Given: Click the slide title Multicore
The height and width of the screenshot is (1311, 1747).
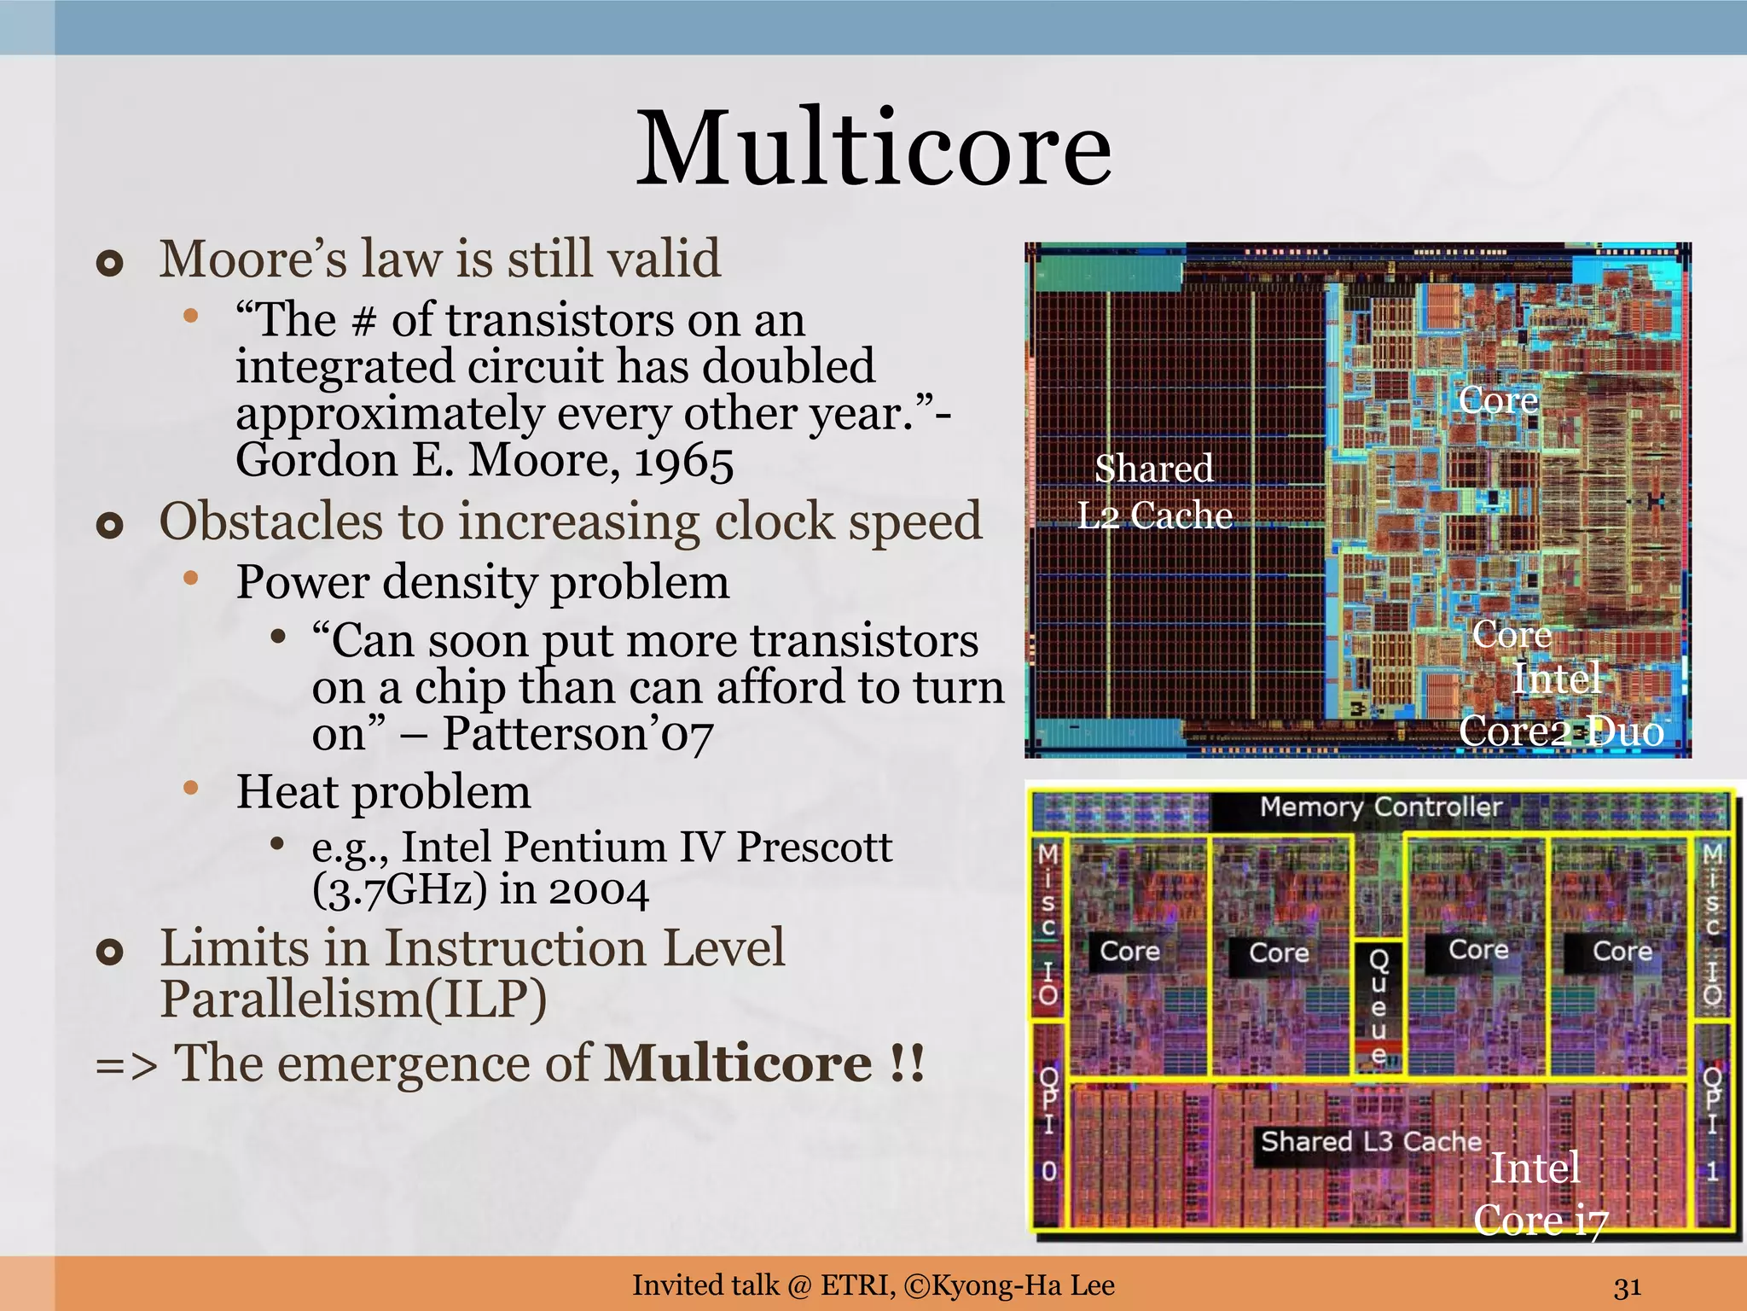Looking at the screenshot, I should tap(873, 149).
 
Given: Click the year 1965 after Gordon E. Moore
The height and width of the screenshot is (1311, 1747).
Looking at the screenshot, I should tap(683, 463).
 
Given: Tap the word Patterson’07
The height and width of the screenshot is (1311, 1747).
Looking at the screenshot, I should tap(577, 734).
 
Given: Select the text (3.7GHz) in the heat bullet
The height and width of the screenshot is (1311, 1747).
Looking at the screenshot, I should tap(399, 890).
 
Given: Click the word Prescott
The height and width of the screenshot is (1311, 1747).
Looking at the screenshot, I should tap(814, 848).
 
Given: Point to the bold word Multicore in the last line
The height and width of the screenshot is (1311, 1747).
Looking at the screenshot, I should tap(738, 1063).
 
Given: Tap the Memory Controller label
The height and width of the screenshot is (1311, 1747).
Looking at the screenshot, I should tap(1380, 807).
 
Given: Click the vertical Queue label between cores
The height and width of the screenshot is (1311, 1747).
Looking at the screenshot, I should tap(1378, 1007).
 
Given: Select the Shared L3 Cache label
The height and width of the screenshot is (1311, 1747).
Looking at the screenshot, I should tap(1371, 1141).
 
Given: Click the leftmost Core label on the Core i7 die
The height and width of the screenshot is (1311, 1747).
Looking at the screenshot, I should tap(1129, 951).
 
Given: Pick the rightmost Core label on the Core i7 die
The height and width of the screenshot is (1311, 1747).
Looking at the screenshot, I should tap(1622, 951).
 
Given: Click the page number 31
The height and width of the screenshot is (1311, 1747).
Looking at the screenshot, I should tap(1628, 1286).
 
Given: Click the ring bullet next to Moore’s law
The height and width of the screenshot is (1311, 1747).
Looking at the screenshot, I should tap(110, 263).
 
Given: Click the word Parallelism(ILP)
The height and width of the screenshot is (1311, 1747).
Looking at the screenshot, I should tap(353, 999).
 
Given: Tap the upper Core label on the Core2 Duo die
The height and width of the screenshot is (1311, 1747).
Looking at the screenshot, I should tap(1498, 399).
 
